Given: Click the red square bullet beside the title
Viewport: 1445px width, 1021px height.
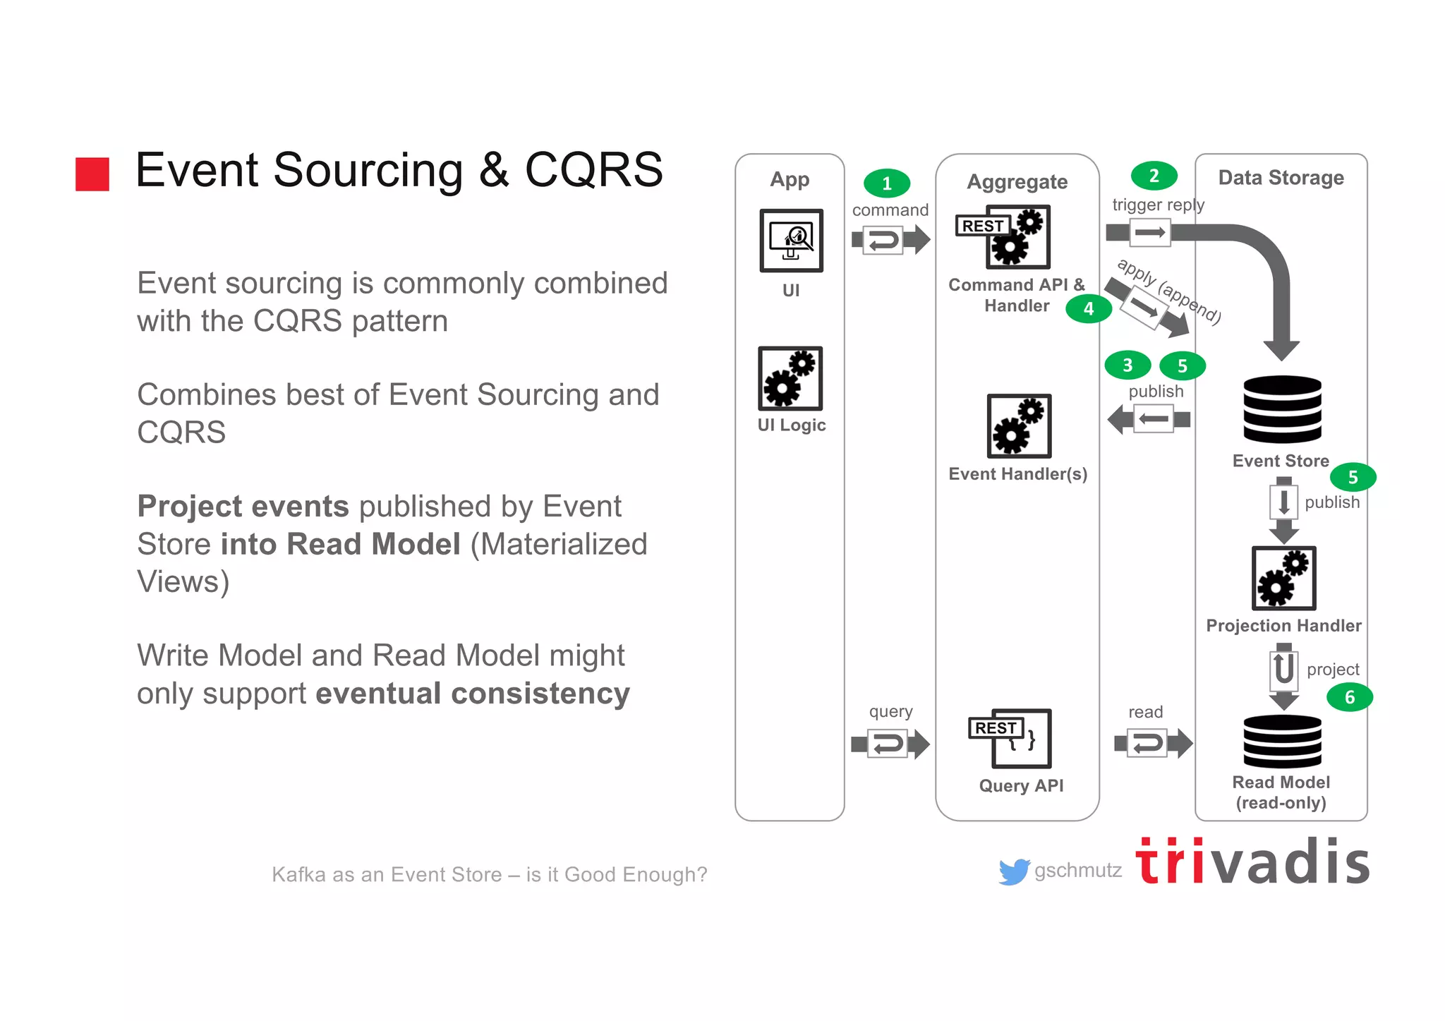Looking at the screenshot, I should coord(92,174).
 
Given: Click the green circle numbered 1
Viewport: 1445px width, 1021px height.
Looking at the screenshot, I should coord(887,183).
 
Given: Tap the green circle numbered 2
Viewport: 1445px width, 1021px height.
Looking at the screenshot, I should coord(1154,176).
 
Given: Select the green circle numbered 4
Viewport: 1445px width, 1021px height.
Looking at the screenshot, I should coord(1089,308).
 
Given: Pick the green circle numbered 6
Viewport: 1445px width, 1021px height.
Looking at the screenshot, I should coord(1349,697).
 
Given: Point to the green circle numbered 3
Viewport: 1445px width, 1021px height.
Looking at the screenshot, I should coord(1127,365).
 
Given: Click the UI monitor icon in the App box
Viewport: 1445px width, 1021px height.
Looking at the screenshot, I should coord(791,241).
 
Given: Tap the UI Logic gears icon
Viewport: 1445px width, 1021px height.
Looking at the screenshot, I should coord(790,379).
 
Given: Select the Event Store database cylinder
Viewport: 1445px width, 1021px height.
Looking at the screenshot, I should coord(1282,409).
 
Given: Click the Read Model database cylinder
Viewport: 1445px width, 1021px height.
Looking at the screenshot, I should coord(1282,742).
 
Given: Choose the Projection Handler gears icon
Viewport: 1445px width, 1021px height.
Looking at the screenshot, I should coord(1283,578).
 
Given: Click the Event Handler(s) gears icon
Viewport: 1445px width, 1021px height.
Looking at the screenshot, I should coord(1019,426).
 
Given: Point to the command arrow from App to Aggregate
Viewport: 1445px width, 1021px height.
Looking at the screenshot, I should coord(890,240).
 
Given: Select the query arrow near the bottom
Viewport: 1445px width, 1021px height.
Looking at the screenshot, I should coord(890,744).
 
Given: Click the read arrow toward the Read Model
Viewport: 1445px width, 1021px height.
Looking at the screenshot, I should coord(1153,743).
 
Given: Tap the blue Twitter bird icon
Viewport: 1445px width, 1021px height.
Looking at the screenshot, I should coord(1014,872).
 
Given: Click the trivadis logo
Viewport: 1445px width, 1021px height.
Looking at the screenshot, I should coord(1252,862).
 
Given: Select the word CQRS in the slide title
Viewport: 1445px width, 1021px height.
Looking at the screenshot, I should coord(593,170).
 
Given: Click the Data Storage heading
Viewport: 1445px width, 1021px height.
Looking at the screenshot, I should coord(1281,178).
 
